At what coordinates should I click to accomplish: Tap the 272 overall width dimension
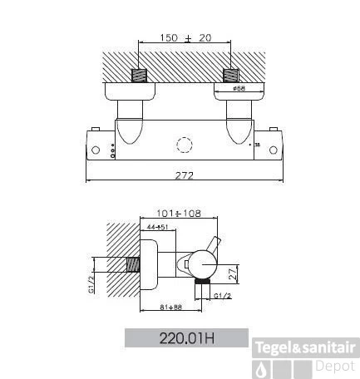(x=185, y=175)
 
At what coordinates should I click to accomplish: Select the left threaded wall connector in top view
(x=142, y=76)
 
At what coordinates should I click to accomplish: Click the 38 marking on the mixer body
(x=257, y=145)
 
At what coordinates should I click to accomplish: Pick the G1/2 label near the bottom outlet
(x=222, y=294)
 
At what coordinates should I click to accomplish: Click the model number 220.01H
(x=185, y=340)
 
